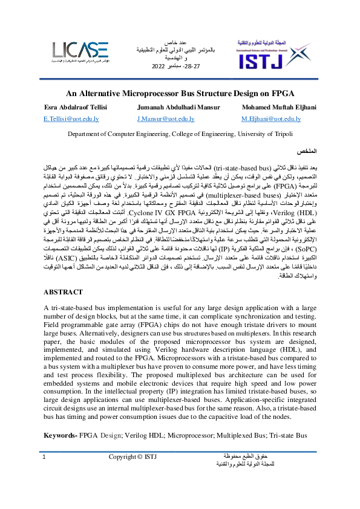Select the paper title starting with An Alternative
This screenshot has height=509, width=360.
point(180,94)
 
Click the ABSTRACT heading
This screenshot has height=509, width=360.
point(62,292)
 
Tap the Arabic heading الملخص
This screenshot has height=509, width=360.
point(304,150)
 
